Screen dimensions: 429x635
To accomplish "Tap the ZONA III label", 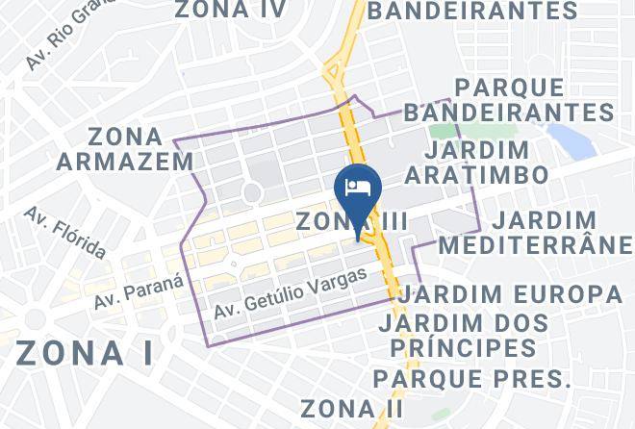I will tap(352, 221).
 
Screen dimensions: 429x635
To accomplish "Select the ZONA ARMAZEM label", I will tap(125, 148).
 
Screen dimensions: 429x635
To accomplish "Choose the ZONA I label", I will tap(84, 352).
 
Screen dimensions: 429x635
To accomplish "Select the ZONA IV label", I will tap(230, 11).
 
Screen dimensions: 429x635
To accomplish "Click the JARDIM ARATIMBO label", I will tap(477, 163).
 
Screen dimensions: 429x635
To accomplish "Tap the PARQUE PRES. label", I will tap(472, 376).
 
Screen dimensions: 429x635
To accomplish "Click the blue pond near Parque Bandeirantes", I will tap(573, 141).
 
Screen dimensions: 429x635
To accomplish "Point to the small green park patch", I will tap(444, 131).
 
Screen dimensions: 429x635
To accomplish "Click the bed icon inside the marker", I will tap(358, 186).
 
